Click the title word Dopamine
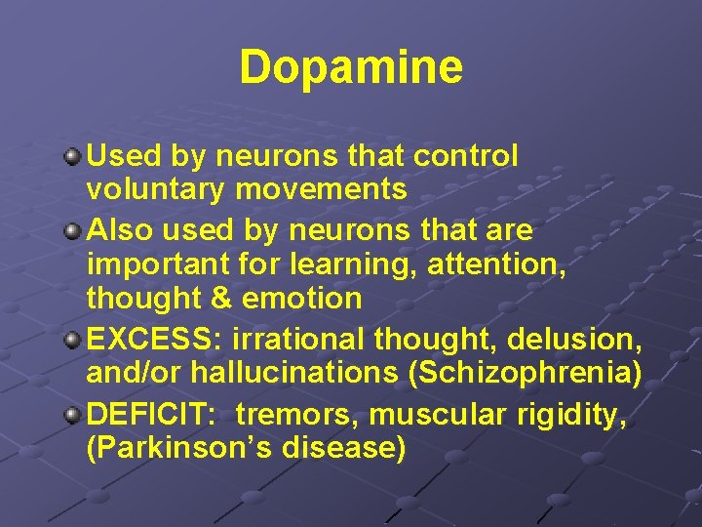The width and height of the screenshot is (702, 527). [351, 67]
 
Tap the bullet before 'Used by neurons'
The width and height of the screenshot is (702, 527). [73, 156]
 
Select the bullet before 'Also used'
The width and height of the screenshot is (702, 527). [73, 232]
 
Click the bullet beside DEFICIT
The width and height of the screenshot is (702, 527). [73, 415]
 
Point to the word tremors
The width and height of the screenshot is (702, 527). [295, 416]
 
